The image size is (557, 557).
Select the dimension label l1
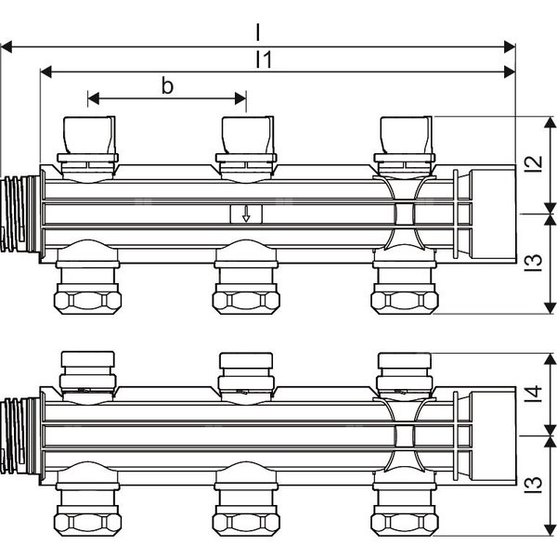click(x=263, y=60)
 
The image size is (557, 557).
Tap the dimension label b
click(x=167, y=86)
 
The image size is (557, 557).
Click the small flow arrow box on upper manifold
click(x=246, y=215)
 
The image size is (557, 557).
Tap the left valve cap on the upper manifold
click(x=88, y=134)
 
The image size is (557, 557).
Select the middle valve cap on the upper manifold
click(x=246, y=134)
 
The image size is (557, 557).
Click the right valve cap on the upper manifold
click(x=404, y=134)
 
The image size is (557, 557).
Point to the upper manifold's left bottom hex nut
click(x=88, y=301)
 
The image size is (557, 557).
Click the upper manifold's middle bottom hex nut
click(x=246, y=301)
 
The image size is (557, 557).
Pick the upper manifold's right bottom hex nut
click(x=404, y=301)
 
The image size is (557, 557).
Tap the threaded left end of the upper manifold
click(x=18, y=214)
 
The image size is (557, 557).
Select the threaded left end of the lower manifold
click(x=18, y=435)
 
